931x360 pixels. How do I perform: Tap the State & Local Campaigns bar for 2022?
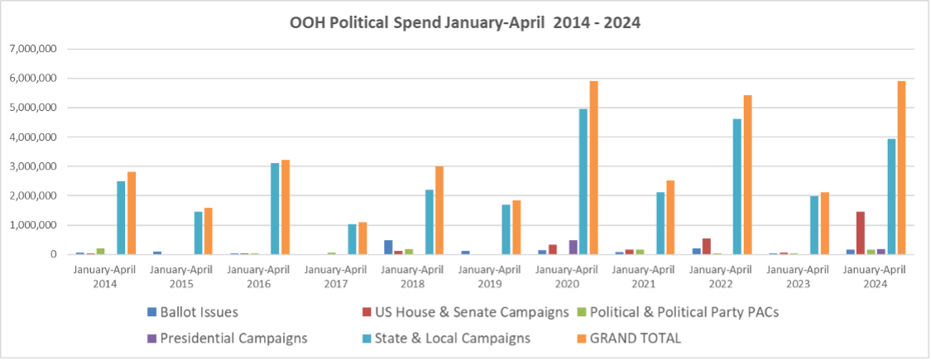(737, 187)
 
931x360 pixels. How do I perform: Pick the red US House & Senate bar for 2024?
(861, 233)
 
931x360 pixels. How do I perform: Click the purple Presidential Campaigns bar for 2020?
(573, 247)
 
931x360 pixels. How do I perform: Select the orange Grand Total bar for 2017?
(362, 238)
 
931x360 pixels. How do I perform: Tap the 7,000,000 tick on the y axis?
(33, 49)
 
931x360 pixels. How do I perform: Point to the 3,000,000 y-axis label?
(33, 166)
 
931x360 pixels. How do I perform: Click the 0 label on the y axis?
(51, 254)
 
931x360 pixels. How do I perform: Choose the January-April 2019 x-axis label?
(487, 275)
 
